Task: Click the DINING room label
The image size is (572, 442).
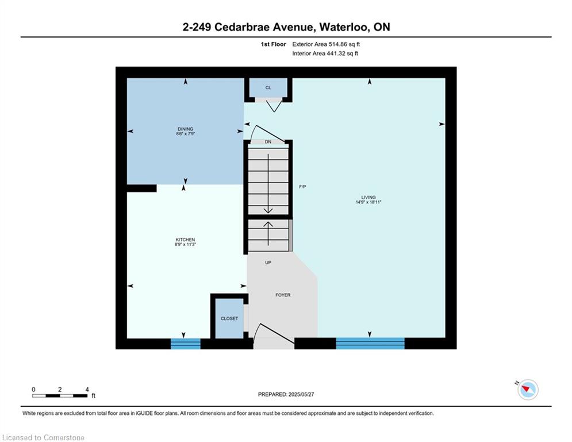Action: (x=185, y=129)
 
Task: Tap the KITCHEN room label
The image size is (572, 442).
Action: (x=185, y=239)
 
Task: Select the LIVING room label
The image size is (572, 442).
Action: (x=368, y=197)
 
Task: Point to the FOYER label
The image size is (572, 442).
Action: (x=283, y=295)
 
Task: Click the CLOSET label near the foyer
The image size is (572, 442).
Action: (x=229, y=318)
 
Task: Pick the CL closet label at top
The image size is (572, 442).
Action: (x=268, y=87)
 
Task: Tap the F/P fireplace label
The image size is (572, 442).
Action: (x=302, y=186)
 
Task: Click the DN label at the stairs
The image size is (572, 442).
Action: (x=268, y=142)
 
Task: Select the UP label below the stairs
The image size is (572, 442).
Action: (x=268, y=262)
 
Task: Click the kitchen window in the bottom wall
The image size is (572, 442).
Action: (x=186, y=344)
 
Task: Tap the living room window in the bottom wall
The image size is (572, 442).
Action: (x=370, y=344)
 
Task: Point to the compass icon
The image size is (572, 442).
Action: (x=528, y=390)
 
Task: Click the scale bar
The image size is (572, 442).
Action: (x=60, y=395)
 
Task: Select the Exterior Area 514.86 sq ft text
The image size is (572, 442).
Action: (x=326, y=44)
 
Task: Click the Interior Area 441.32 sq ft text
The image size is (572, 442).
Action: (x=325, y=54)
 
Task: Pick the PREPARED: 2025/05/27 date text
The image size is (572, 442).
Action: (x=286, y=394)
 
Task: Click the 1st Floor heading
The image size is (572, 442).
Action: (x=273, y=44)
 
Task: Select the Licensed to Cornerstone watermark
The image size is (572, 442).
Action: (x=43, y=437)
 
